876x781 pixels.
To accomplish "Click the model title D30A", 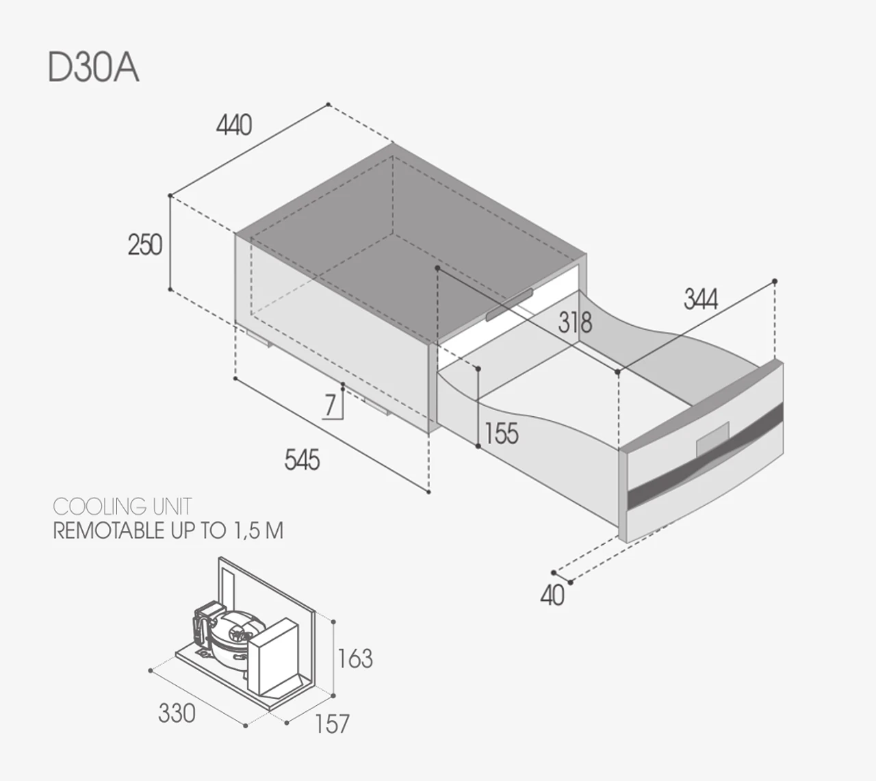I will point(94,68).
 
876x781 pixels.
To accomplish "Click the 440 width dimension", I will point(234,125).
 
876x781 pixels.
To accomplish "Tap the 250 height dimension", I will point(144,244).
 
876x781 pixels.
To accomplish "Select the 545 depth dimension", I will point(302,460).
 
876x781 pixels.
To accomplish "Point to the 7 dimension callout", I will point(331,405).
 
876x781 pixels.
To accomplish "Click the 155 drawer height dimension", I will point(502,433).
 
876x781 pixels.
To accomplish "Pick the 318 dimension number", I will point(575,322).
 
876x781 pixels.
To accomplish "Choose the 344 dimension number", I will point(700,299).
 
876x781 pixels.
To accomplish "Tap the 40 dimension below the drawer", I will point(552,596).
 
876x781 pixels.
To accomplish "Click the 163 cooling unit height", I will point(355,658).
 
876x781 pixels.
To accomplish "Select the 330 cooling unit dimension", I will point(177,713).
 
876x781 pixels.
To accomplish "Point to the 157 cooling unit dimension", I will point(332,724).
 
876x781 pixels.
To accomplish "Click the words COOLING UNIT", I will point(122,507).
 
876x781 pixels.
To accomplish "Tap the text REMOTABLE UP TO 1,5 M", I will point(168,531).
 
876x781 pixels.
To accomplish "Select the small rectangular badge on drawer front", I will point(712,436).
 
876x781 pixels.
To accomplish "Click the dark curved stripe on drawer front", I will point(705,455).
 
